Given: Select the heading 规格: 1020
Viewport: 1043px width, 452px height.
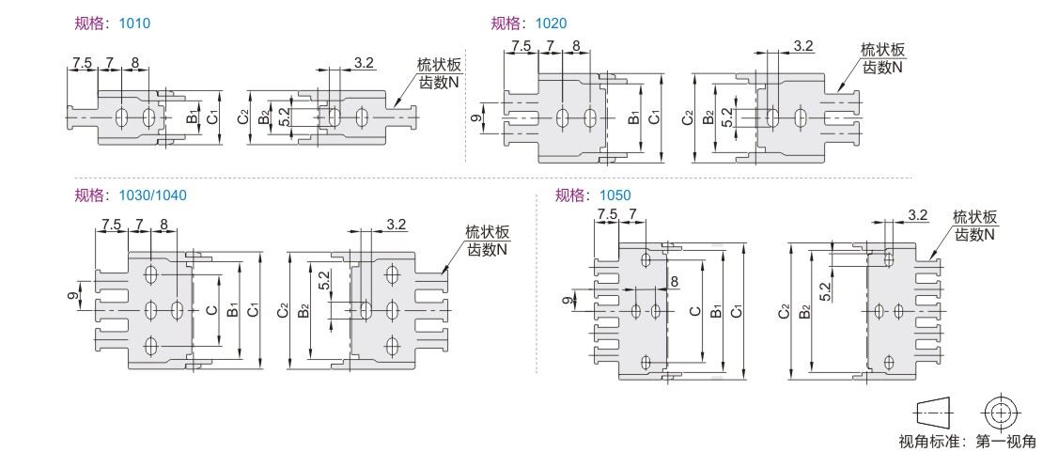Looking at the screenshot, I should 528,23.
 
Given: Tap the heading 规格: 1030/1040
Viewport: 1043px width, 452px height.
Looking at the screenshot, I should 131,195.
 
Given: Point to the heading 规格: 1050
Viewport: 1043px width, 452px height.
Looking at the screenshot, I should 593,195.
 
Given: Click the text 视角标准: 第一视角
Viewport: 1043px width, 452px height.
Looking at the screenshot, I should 967,442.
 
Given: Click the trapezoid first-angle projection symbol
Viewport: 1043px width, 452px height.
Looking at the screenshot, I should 931,412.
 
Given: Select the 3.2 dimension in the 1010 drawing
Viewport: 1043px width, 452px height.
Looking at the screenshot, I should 365,63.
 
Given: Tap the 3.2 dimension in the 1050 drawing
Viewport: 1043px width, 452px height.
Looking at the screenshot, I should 917,215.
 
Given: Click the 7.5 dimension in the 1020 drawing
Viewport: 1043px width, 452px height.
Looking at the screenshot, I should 521,45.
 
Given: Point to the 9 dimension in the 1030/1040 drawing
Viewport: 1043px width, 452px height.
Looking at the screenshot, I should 73,296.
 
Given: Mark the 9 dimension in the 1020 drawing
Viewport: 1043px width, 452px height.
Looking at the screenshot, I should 474,118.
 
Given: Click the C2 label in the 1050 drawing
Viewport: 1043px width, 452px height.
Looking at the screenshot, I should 784,311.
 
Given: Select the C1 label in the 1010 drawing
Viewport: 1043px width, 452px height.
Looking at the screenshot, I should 212,117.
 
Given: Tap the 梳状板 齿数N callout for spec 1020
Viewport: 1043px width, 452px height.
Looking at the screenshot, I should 882,58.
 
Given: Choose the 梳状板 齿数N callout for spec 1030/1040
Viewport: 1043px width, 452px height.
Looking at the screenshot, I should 488,241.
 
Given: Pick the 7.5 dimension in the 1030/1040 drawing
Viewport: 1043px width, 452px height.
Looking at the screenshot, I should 111,225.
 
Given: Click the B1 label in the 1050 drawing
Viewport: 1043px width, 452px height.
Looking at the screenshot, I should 717,311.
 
